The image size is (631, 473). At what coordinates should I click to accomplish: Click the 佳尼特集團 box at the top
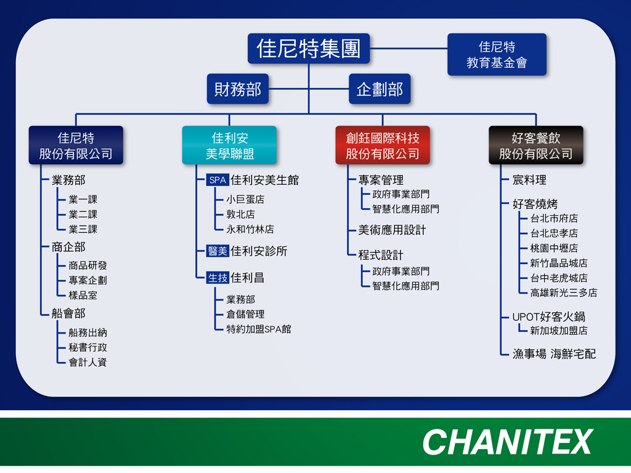309,48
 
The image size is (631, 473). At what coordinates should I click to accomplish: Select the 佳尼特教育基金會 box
497,54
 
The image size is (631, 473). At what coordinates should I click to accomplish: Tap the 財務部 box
238,89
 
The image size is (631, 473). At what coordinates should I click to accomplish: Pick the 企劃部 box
380,89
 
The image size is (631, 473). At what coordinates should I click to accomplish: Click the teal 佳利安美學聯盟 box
229,145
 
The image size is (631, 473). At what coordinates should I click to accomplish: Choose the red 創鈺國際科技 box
383,145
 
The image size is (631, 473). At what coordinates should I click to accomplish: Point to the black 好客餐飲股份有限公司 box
536,145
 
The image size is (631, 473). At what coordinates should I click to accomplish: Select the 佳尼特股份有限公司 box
76,145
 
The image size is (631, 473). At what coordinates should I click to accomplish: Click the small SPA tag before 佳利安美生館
218,180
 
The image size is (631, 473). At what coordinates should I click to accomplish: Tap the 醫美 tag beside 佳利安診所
218,251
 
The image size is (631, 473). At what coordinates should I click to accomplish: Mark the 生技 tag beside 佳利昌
218,278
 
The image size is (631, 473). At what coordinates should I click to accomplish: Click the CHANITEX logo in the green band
508,442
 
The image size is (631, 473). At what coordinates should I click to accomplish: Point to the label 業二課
83,214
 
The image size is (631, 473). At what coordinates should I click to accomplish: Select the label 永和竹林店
250,229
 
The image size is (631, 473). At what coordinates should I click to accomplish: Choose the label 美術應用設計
392,230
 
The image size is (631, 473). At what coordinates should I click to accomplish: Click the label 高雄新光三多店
563,293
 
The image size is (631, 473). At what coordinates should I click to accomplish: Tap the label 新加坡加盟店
558,331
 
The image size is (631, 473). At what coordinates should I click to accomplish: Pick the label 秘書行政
88,347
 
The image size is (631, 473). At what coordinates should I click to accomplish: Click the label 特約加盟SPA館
259,329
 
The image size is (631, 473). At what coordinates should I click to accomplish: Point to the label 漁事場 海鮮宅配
554,354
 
